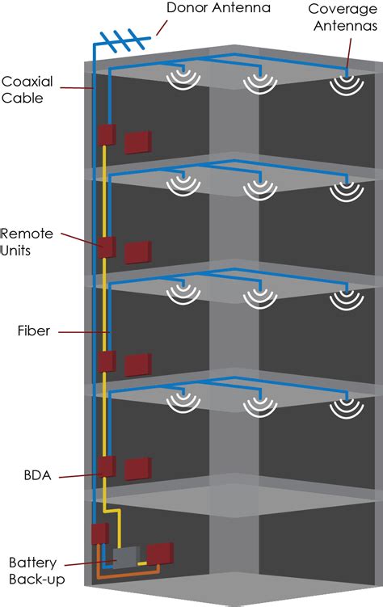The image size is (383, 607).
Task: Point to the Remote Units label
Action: click(27, 242)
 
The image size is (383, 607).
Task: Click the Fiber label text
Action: click(33, 331)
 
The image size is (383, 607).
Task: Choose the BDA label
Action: click(36, 475)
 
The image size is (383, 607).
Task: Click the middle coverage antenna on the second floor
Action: click(259, 189)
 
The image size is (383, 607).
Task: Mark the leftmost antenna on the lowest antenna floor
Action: click(183, 407)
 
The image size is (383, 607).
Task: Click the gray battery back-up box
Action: click(125, 557)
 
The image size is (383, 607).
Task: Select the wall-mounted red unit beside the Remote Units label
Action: click(107, 247)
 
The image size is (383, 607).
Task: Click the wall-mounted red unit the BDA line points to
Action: click(107, 467)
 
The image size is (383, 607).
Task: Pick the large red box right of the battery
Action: click(160, 553)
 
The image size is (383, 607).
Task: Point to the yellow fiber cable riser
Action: click(105, 323)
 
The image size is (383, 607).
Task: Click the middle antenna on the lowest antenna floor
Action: click(259, 407)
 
